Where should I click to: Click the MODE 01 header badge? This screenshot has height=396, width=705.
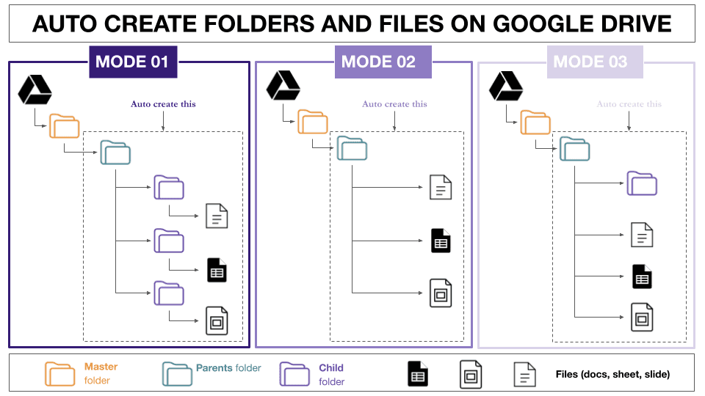(132, 62)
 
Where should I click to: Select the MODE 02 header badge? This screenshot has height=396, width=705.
(378, 62)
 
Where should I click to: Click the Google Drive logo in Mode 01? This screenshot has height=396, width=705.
(34, 89)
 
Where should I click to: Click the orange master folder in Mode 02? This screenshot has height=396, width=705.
(313, 122)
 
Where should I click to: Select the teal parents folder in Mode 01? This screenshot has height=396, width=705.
(115, 153)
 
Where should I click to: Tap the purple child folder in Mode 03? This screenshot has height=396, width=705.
(641, 183)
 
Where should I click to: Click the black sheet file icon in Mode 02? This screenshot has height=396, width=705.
(441, 241)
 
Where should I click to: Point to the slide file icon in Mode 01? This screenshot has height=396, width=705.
(217, 321)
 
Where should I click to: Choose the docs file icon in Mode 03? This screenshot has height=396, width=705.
(642, 234)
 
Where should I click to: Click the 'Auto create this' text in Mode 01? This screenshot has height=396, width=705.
(163, 104)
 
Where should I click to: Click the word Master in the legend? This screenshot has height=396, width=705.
(101, 367)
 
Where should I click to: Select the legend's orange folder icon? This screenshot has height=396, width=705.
(60, 373)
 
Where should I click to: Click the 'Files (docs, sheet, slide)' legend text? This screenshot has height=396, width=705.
(612, 375)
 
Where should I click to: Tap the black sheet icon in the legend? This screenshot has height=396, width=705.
(418, 374)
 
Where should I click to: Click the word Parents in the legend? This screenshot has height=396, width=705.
(214, 368)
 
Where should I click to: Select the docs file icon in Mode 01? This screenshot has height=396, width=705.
(217, 216)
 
